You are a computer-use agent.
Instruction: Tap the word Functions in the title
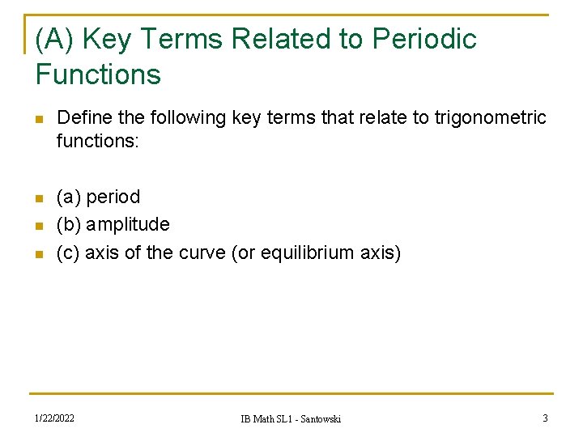(98, 74)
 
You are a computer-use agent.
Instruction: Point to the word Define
(85, 118)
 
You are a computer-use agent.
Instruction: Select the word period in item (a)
(113, 197)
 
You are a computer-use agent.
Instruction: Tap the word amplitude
(128, 224)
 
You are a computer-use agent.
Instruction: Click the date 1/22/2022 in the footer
(54, 418)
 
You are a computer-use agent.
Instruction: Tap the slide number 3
(545, 418)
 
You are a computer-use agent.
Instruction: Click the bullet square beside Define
(37, 119)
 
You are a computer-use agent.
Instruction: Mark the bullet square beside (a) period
(37, 197)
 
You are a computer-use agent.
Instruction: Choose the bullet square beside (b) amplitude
(37, 225)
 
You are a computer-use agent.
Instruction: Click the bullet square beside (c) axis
(37, 252)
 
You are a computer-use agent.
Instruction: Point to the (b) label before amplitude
(69, 224)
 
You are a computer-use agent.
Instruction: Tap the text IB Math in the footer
(259, 418)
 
